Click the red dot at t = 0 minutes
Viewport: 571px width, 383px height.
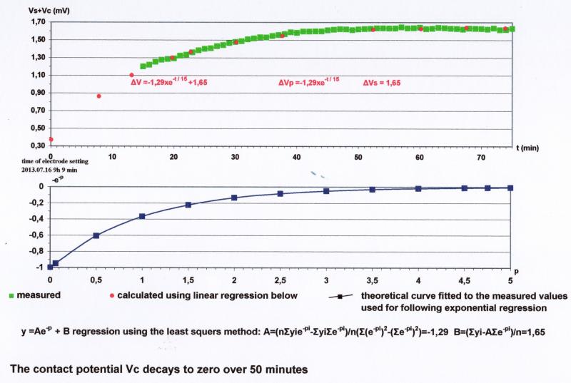51,139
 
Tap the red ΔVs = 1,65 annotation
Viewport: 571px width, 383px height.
382,83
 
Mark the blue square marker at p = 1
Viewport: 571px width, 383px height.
142,216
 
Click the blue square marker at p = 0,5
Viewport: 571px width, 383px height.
96,235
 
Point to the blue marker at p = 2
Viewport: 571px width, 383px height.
234,198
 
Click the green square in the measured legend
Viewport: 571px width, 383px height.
11,295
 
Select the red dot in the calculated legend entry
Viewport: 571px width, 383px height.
112,295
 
